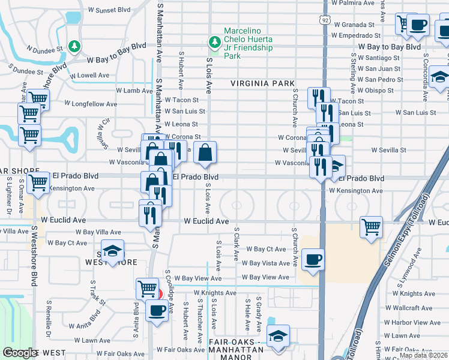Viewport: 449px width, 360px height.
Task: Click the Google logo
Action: [x=20, y=353]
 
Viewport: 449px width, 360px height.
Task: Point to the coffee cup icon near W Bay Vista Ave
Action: [x=313, y=260]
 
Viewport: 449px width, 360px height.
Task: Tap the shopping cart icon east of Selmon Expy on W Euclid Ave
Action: [x=372, y=227]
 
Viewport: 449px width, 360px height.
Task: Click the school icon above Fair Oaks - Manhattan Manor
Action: [x=278, y=335]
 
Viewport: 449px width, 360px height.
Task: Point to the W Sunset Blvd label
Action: [x=108, y=10]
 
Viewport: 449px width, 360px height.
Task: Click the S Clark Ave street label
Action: [x=237, y=245]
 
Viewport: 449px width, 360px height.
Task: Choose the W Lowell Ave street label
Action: [x=89, y=76]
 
